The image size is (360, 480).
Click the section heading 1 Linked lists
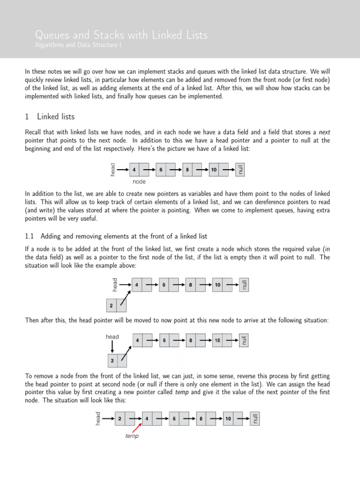click(x=49, y=116)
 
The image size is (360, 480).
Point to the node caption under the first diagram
click(x=139, y=181)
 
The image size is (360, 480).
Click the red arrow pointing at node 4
click(x=136, y=427)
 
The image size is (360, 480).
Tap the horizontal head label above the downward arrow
click(x=112, y=337)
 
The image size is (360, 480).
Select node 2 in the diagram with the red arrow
click(x=120, y=418)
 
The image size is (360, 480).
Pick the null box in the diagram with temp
click(x=255, y=418)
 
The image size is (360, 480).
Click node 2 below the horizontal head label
click(x=112, y=361)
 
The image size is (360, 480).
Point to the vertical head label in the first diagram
click(x=112, y=170)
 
